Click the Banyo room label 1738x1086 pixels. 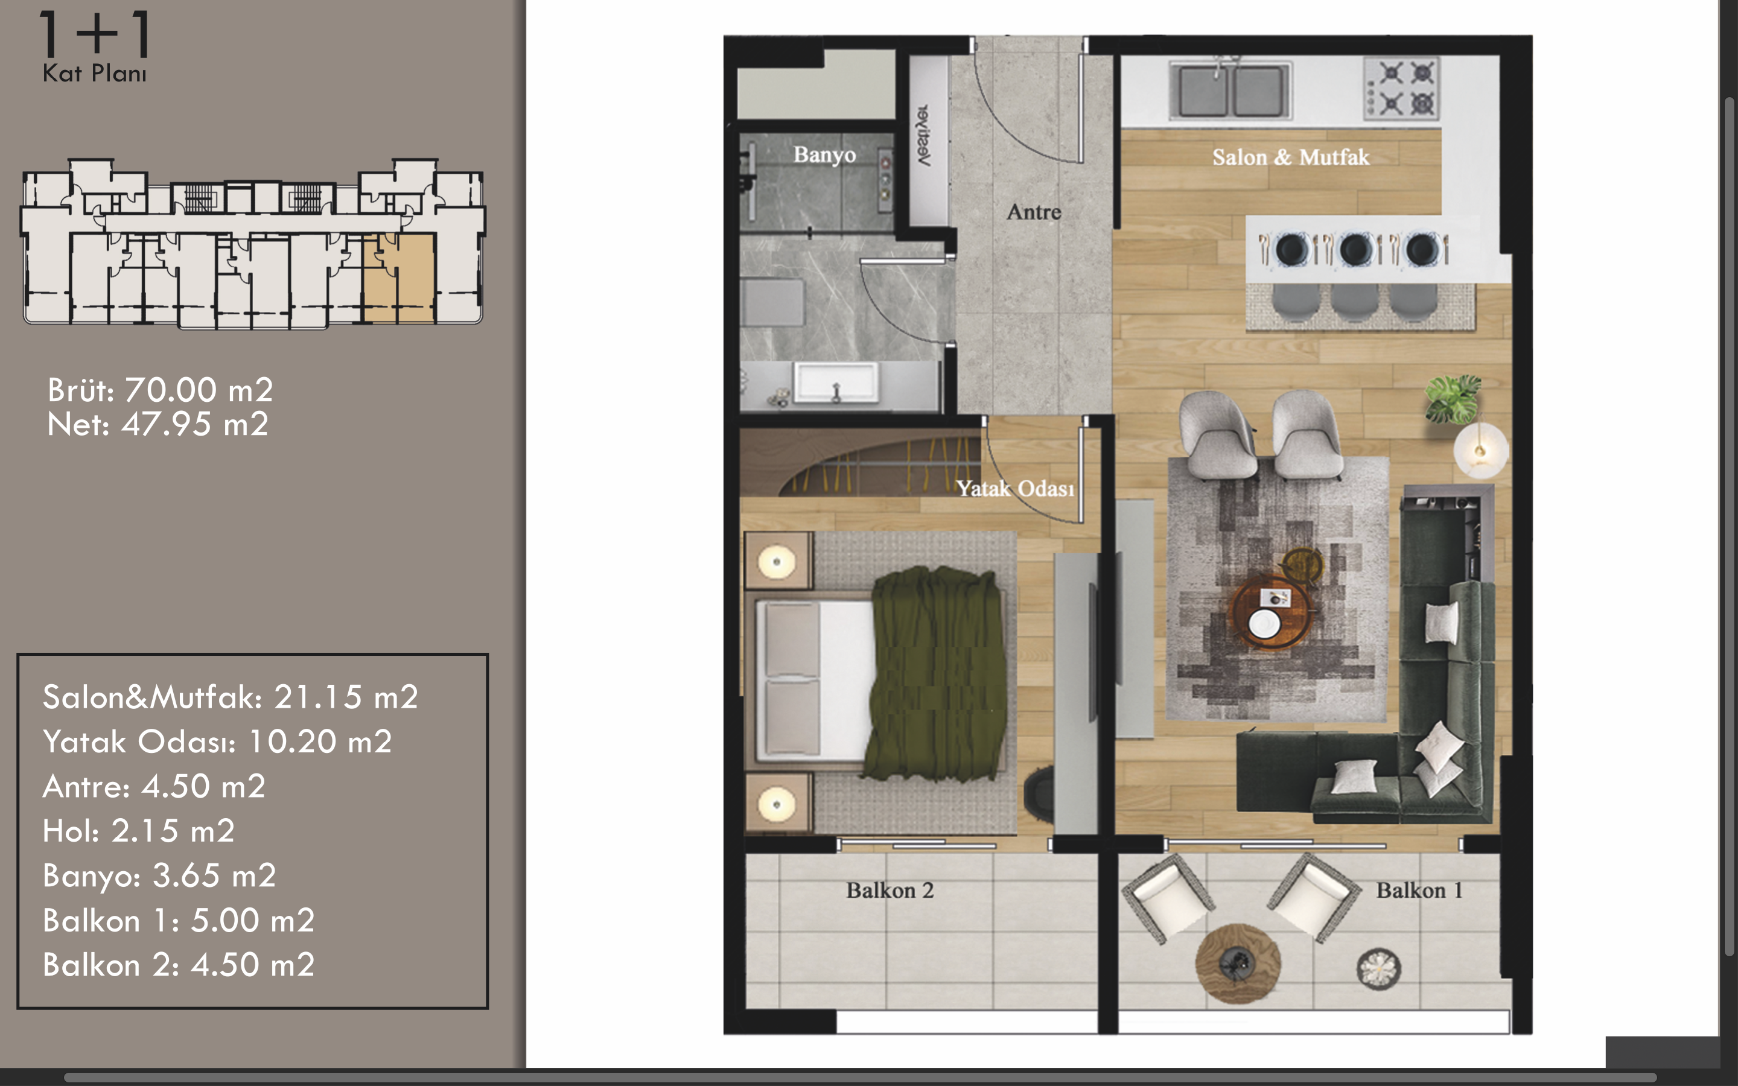pyautogui.click(x=824, y=155)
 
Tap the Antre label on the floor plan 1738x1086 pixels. pyautogui.click(x=1034, y=212)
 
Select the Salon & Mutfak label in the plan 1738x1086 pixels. pyautogui.click(x=1291, y=157)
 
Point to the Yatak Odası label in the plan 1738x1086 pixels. pyautogui.click(x=1016, y=489)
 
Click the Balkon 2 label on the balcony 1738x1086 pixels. pyautogui.click(x=890, y=891)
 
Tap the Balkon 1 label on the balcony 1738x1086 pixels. pyautogui.click(x=1419, y=891)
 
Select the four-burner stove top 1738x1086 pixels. pyautogui.click(x=1401, y=87)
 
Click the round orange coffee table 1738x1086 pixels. pyautogui.click(x=1270, y=612)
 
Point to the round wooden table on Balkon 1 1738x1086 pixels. pyautogui.click(x=1238, y=963)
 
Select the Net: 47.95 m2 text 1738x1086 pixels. pyautogui.click(x=158, y=425)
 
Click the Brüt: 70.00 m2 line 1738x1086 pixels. pyautogui.click(x=160, y=390)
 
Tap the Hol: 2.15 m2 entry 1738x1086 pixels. pyautogui.click(x=139, y=831)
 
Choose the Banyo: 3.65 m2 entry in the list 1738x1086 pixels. pyautogui.click(x=159, y=876)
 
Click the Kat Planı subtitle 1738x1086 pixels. pyautogui.click(x=94, y=73)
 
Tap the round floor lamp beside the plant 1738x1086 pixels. pyautogui.click(x=1480, y=450)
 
